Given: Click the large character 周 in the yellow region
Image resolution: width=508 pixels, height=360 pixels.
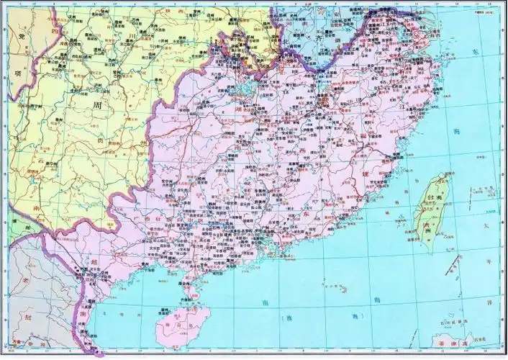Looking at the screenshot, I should (98, 106).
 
